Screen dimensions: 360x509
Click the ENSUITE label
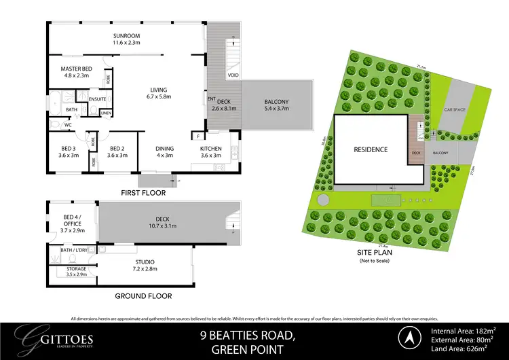(x=97, y=99)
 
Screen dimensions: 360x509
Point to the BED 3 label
(x=67, y=151)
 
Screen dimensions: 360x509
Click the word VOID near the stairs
(x=233, y=74)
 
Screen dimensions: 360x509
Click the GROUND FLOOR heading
(x=144, y=296)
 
